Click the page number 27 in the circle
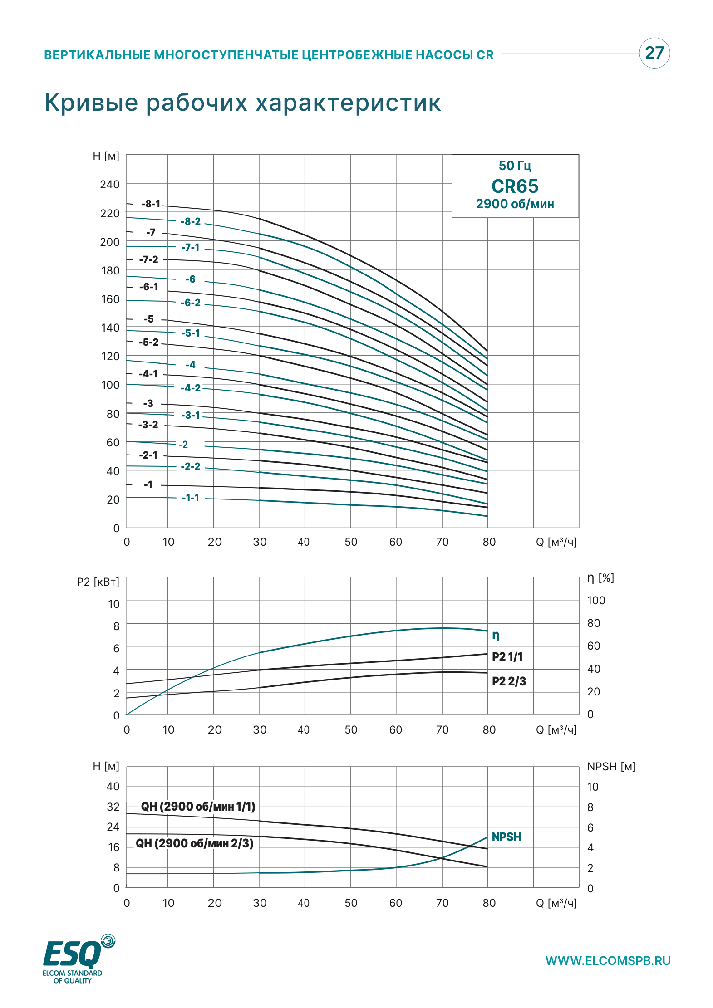[654, 53]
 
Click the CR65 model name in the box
[515, 186]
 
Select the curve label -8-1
[151, 204]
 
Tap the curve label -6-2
[191, 303]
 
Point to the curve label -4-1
[148, 374]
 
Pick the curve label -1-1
[191, 498]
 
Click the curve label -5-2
[149, 343]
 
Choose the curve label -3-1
[191, 416]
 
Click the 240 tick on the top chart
[110, 185]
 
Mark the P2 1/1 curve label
[507, 657]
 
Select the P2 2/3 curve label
[509, 681]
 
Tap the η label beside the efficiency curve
[496, 635]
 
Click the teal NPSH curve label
[506, 837]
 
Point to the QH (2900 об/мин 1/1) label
[198, 807]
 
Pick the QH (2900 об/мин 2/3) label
[195, 843]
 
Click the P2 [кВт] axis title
[98, 582]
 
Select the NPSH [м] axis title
[611, 767]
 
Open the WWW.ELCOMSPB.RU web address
[608, 961]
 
